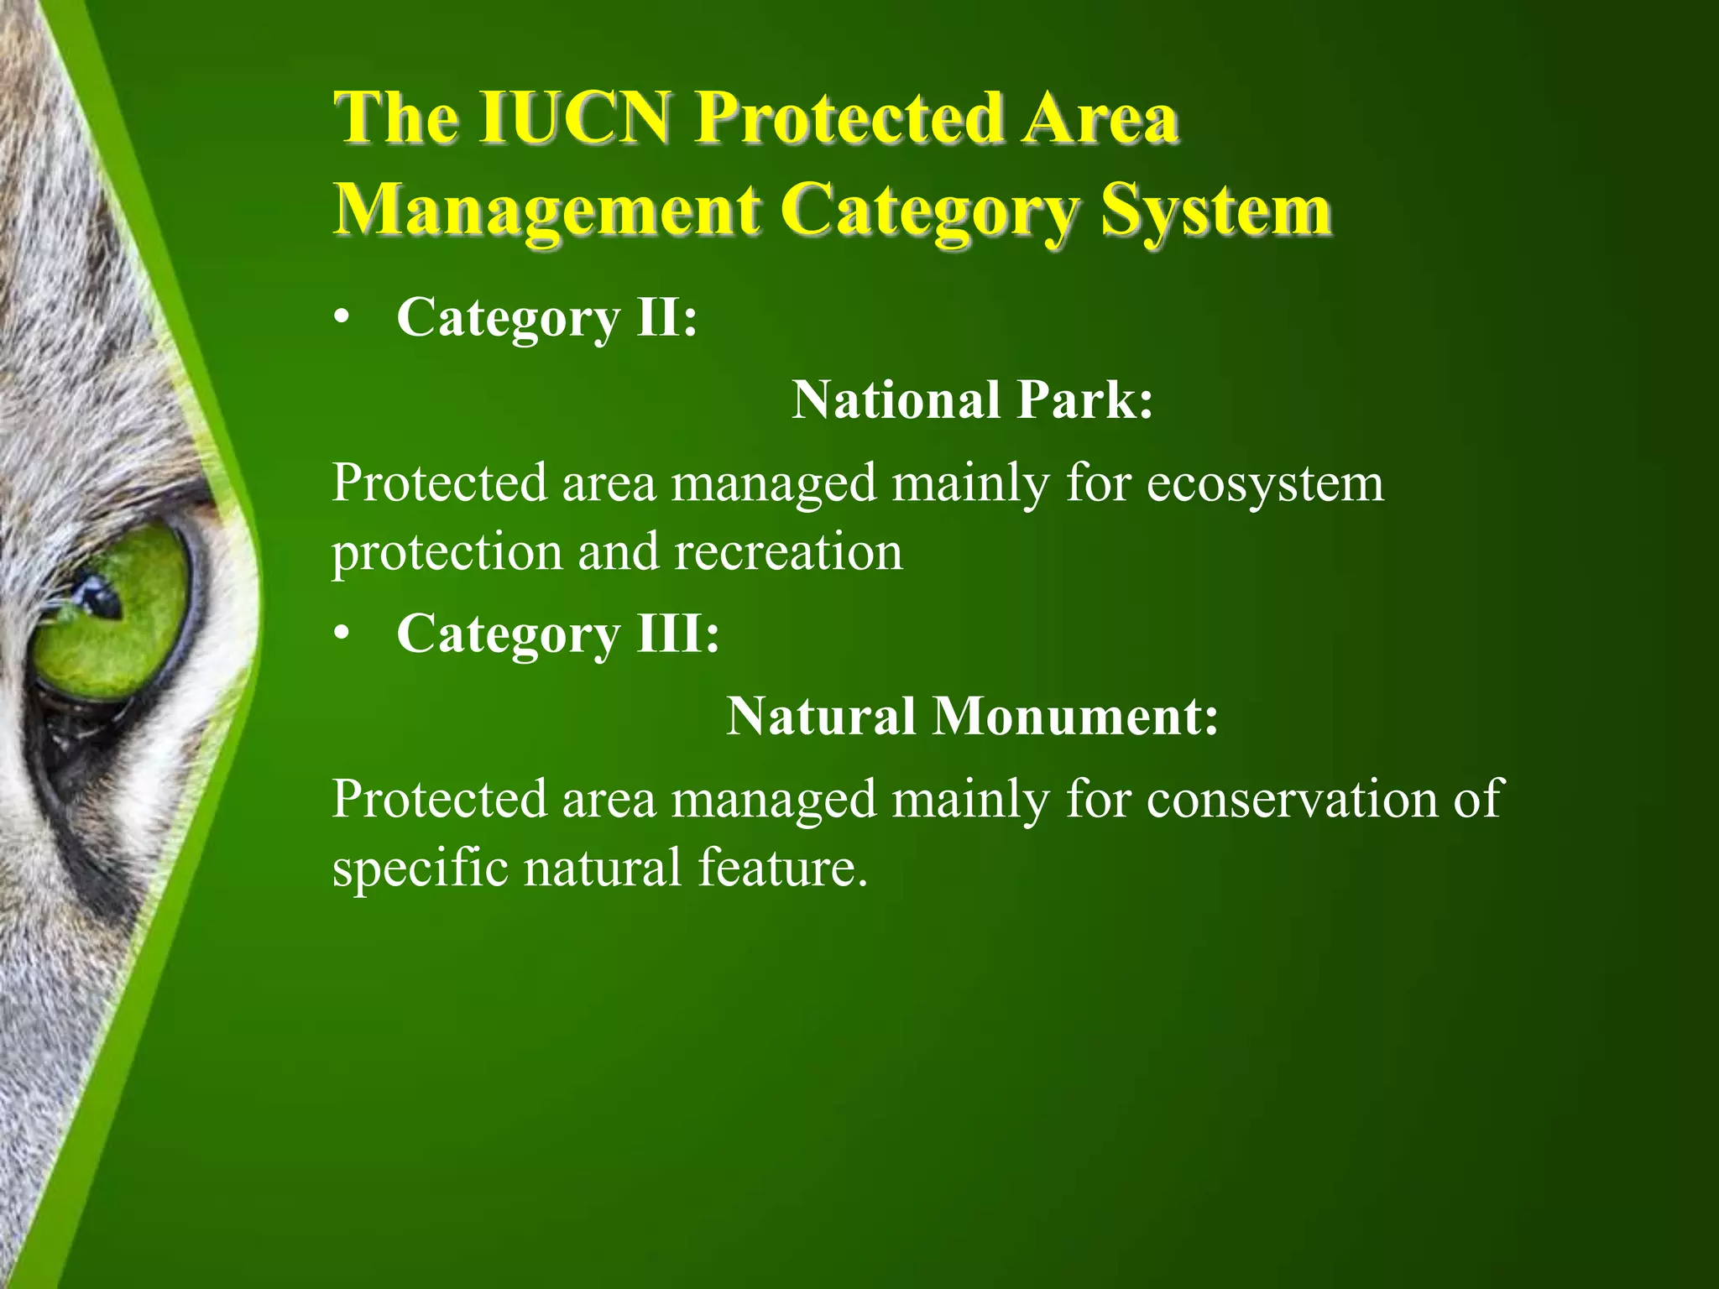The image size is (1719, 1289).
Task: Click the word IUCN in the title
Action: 574,120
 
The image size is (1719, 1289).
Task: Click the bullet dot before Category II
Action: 339,320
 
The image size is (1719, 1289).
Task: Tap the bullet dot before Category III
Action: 339,635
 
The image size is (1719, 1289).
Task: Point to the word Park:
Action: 1084,399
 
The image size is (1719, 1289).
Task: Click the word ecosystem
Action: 1264,485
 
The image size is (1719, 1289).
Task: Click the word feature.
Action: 782,868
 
